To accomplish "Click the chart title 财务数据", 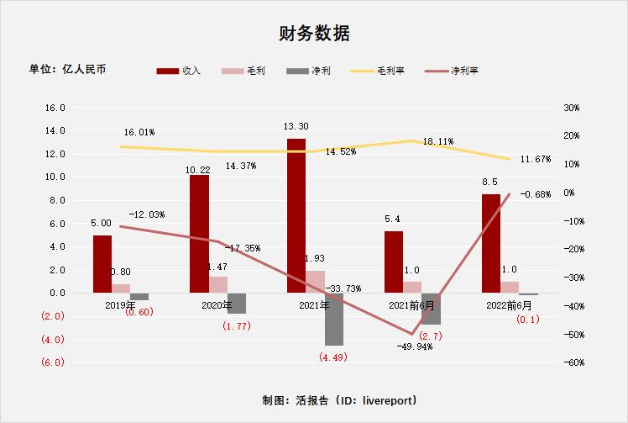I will click(314, 34).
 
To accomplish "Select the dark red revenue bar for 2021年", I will click(296, 215).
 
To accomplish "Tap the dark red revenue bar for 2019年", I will click(102, 264).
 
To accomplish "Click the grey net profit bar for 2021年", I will click(333, 320).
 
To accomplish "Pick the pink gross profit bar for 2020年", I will click(218, 284).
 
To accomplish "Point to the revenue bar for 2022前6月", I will click(491, 244).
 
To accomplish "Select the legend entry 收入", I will click(181, 71).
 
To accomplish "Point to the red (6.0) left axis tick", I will click(53, 363).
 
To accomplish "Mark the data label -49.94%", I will click(414, 346).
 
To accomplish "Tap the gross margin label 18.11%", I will click(439, 141).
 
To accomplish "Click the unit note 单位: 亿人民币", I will click(67, 69).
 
